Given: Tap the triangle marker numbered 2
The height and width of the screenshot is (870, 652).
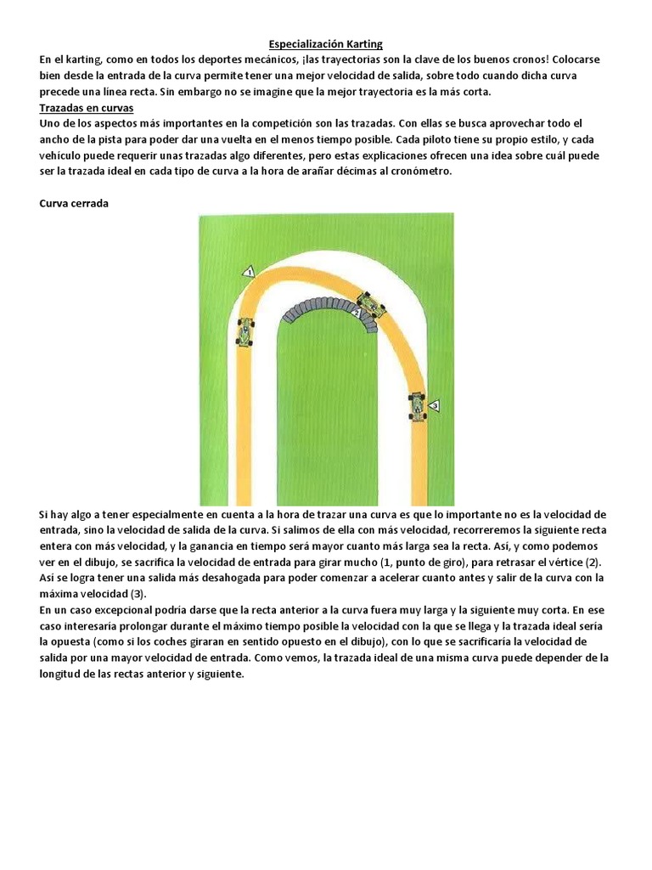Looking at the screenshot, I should pos(357,314).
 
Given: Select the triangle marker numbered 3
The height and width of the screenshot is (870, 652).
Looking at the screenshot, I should pos(434,407).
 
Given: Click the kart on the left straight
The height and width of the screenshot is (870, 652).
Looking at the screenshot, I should pos(245,331).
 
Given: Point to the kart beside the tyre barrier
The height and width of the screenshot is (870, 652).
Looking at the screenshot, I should pos(370,303).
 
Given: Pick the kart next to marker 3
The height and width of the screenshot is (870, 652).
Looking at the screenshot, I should pos(417,406).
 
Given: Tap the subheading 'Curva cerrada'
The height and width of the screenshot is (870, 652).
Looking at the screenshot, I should pos(74,204).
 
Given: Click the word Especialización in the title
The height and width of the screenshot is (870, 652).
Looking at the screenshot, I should pos(298,43).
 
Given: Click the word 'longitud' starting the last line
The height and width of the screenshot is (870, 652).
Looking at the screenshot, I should pos(64,674).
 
